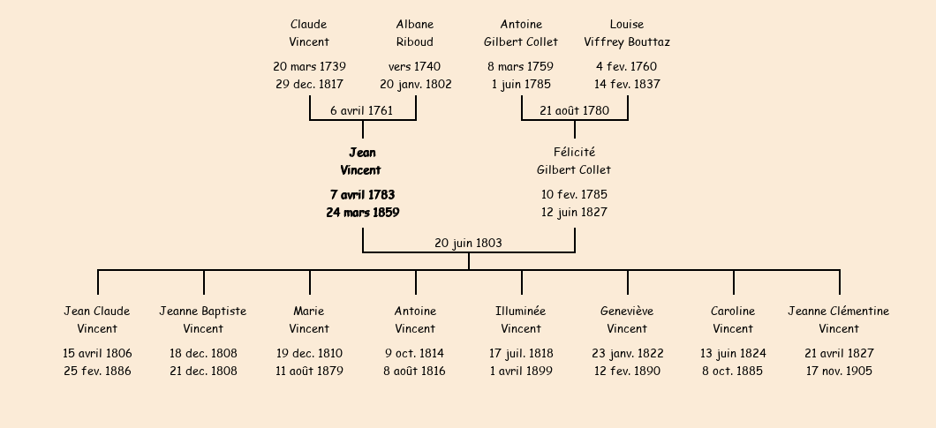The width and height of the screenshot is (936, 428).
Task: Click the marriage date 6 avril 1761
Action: (362, 111)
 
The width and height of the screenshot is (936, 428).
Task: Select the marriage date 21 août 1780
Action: (574, 111)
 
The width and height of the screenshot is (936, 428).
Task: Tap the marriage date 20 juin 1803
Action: (469, 244)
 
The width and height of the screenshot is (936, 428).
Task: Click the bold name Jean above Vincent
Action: (362, 153)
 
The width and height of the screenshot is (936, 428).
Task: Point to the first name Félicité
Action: (574, 153)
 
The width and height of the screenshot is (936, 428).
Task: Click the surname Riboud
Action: (415, 42)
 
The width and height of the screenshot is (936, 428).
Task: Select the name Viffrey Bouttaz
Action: (627, 42)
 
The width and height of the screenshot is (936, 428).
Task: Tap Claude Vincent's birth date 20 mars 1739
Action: (309, 67)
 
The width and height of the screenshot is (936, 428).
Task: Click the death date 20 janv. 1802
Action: (416, 85)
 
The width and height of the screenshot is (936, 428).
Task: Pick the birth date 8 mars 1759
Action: (520, 67)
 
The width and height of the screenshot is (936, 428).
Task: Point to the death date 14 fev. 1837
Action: (627, 85)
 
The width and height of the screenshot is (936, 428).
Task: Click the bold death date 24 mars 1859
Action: (363, 213)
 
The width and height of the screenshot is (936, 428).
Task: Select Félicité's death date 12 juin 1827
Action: (574, 213)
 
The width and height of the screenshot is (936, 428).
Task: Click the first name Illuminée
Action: (520, 312)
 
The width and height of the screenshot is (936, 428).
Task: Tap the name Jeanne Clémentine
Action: (839, 312)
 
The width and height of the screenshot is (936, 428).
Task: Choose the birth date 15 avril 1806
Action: (97, 353)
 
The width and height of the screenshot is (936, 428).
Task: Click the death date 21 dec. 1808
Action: (204, 372)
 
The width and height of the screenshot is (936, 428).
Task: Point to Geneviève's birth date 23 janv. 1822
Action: (627, 353)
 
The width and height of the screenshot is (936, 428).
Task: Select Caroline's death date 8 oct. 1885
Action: (732, 372)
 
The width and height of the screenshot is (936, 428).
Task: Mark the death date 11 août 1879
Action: (309, 372)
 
